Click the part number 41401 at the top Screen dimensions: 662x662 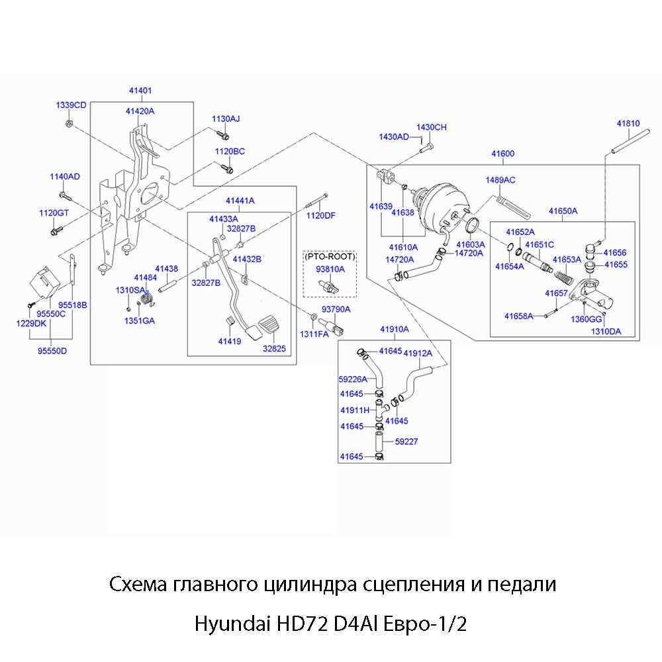tap(140, 90)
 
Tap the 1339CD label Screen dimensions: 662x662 tap(71, 105)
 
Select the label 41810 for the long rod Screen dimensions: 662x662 tap(628, 124)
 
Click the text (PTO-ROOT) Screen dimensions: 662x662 tap(330, 256)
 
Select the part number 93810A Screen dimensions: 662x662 tap(330, 269)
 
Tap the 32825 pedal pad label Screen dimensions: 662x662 tap(273, 348)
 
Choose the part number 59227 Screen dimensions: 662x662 tap(406, 441)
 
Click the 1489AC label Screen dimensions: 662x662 tap(500, 180)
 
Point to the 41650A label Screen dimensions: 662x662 tap(563, 211)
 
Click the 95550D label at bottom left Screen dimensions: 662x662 tap(52, 351)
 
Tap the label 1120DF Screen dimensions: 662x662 tap(321, 215)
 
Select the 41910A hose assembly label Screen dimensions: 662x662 tap(394, 329)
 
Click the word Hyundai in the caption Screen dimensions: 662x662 tap(227, 624)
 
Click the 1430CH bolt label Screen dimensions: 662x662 tap(431, 127)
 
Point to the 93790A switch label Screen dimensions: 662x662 tap(336, 309)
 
